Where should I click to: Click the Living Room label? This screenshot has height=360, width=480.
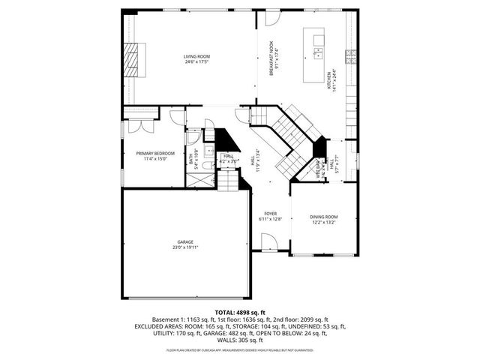(196, 57)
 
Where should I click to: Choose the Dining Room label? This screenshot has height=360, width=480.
(324, 217)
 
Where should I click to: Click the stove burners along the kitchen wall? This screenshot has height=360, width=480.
(349, 55)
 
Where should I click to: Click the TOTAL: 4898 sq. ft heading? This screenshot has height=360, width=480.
(240, 312)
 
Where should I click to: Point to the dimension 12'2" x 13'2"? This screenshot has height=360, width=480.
(324, 223)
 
